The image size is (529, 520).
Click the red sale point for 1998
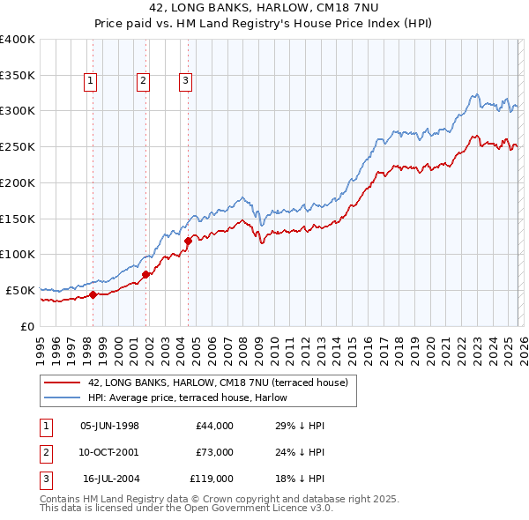click(x=93, y=295)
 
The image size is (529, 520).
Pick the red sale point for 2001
click(x=145, y=274)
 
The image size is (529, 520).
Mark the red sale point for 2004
click(x=188, y=241)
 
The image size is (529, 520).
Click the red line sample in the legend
click(x=63, y=383)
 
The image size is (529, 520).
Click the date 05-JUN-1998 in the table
click(x=109, y=426)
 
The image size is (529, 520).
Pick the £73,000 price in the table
click(x=214, y=452)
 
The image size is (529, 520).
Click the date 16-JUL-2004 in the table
click(x=109, y=479)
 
